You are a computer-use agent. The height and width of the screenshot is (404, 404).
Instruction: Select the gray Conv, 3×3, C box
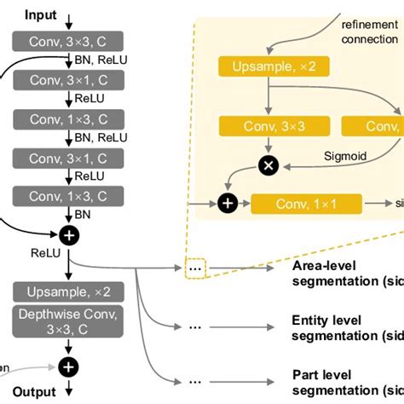[x=60, y=39]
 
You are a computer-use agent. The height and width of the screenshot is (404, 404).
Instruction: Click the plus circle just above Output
[x=68, y=366]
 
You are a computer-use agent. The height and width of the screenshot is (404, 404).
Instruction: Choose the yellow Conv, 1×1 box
[x=306, y=204]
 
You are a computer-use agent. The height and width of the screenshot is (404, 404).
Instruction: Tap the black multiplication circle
[x=268, y=165]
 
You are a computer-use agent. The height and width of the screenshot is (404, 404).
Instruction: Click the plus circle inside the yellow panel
[x=228, y=204]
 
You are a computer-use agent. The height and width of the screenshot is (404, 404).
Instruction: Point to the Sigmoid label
[x=345, y=158]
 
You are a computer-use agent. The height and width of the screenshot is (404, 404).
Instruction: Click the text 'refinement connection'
[x=369, y=32]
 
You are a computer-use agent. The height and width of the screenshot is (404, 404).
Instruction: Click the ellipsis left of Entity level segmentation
[x=196, y=326]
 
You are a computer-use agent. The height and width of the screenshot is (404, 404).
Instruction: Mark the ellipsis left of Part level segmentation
[x=196, y=381]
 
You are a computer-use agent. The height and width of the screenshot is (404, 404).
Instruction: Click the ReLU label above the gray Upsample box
[x=44, y=253]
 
